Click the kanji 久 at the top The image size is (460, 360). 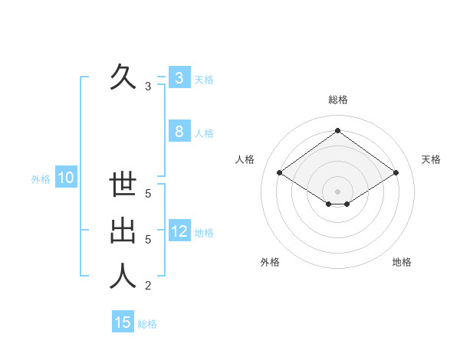click(x=123, y=77)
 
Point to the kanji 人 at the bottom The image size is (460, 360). click(x=123, y=277)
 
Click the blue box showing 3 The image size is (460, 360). click(x=179, y=78)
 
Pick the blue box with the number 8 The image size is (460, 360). click(x=179, y=132)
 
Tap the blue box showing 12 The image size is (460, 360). click(x=179, y=231)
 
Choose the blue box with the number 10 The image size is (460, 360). click(x=66, y=178)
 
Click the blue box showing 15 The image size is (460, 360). click(x=123, y=322)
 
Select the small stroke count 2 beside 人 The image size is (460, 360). click(x=148, y=286)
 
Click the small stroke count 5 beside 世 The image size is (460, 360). click(x=148, y=194)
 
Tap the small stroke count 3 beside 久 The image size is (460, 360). click(x=148, y=87)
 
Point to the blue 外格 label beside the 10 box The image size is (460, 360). click(x=41, y=179)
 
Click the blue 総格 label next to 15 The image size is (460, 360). click(x=147, y=323)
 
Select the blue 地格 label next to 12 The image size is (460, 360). click(x=204, y=232)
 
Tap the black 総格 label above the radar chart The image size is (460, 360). click(x=337, y=100)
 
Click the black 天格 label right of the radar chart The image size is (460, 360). click(x=431, y=159)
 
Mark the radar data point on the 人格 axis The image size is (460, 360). click(x=280, y=173)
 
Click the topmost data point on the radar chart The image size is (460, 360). click(x=337, y=130)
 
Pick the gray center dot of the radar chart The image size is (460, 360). click(x=337, y=191)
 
